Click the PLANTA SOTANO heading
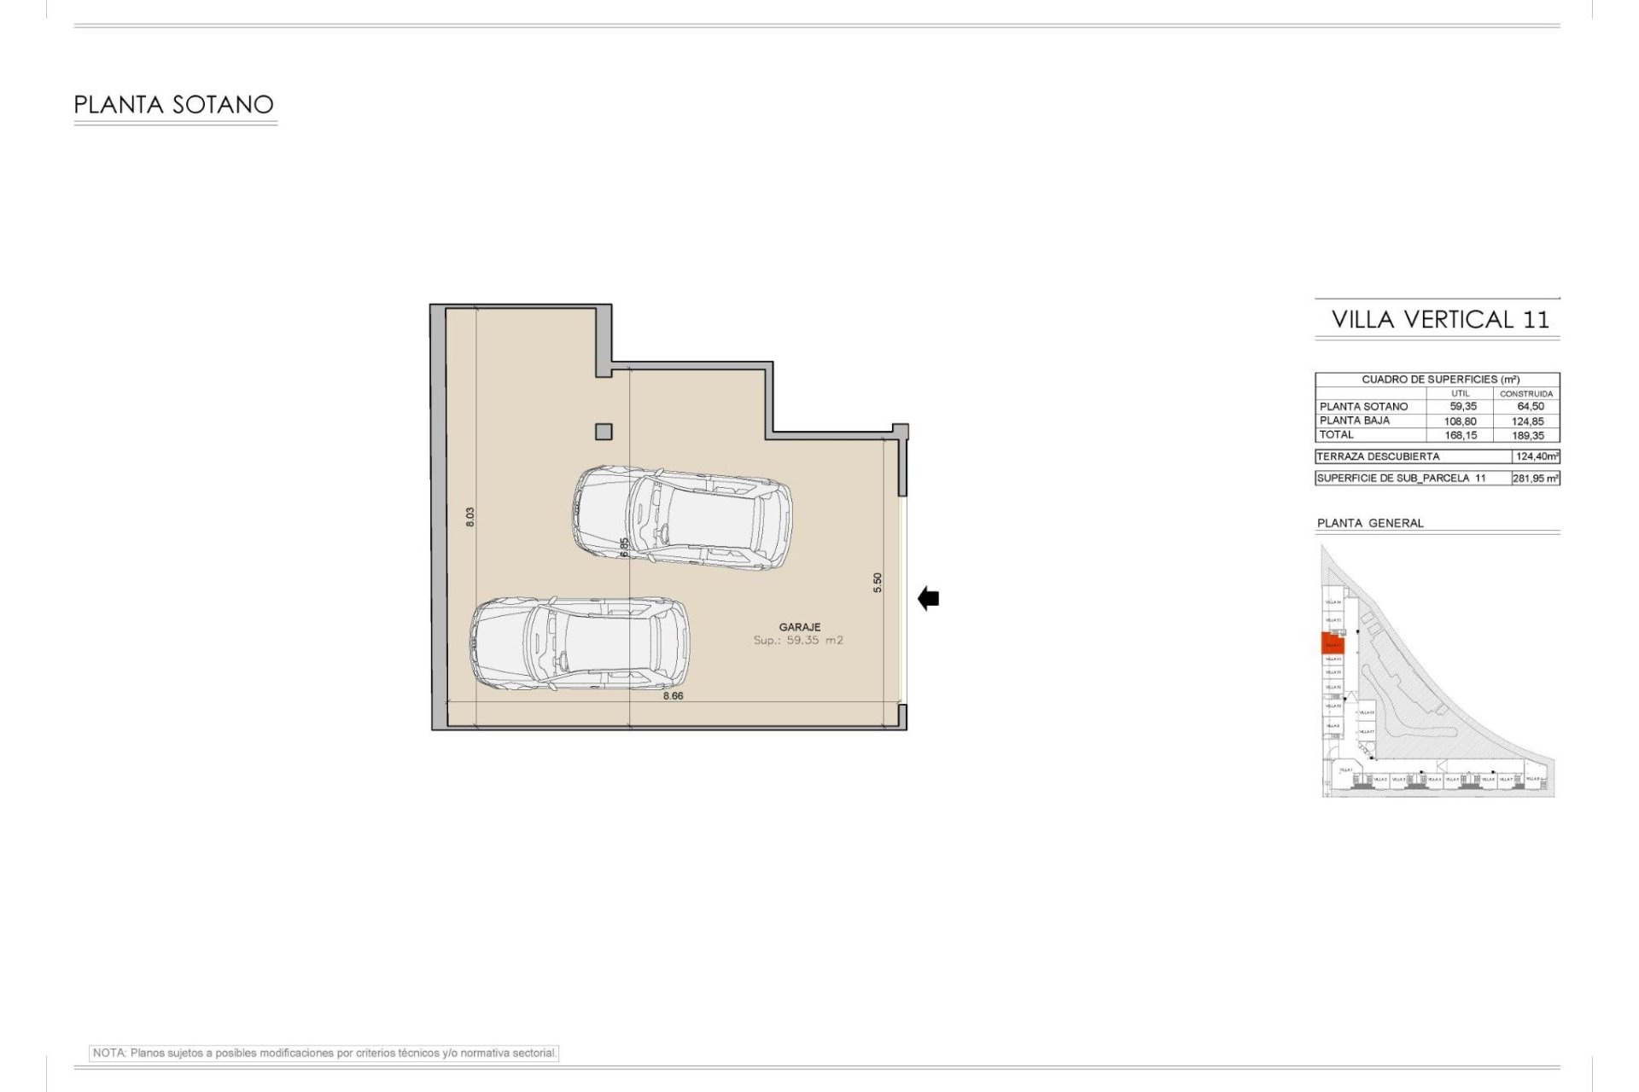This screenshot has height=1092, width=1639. pyautogui.click(x=173, y=105)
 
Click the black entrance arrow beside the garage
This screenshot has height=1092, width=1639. pyautogui.click(x=929, y=599)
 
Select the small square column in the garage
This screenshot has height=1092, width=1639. pyautogui.click(x=604, y=432)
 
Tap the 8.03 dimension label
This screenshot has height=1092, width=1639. pyautogui.click(x=470, y=516)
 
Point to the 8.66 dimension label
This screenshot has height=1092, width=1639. pyautogui.click(x=673, y=695)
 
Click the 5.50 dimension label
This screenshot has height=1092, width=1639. pyautogui.click(x=878, y=582)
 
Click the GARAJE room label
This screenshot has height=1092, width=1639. pyautogui.click(x=799, y=627)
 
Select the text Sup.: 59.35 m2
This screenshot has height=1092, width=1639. pyautogui.click(x=798, y=640)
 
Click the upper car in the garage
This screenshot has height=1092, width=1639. pyautogui.click(x=681, y=517)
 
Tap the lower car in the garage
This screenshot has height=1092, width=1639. pyautogui.click(x=579, y=643)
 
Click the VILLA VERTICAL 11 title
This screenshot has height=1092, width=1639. pyautogui.click(x=1440, y=320)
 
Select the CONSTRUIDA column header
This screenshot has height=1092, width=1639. pyautogui.click(x=1526, y=394)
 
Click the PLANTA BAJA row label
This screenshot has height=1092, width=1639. pyautogui.click(x=1355, y=421)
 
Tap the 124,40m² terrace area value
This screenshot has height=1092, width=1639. pyautogui.click(x=1537, y=456)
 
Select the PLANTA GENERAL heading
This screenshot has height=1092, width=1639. pyautogui.click(x=1370, y=523)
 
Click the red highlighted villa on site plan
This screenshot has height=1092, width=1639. pyautogui.click(x=1332, y=643)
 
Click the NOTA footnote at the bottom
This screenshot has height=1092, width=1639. pyautogui.click(x=324, y=1053)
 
